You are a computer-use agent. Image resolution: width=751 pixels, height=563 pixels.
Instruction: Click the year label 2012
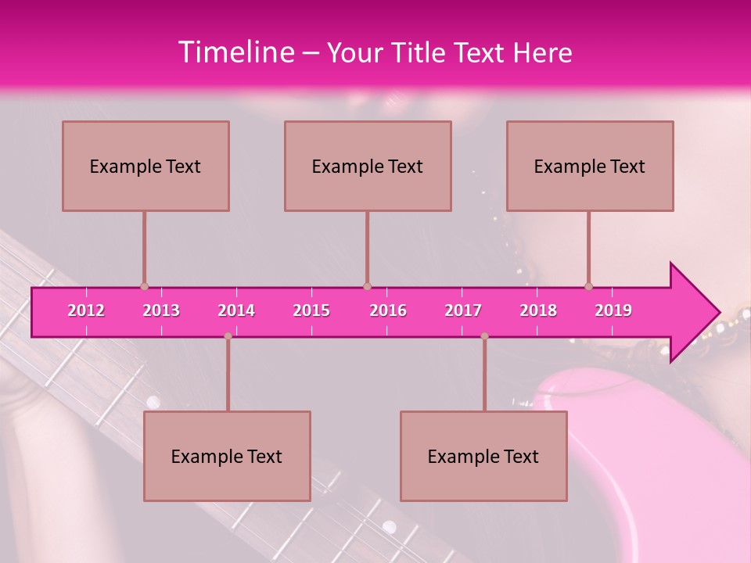(86, 310)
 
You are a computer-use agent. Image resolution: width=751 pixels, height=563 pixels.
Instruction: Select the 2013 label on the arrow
(161, 310)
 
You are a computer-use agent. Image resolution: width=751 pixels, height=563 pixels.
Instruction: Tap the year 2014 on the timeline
(236, 310)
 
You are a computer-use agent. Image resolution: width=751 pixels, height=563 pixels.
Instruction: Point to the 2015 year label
(311, 310)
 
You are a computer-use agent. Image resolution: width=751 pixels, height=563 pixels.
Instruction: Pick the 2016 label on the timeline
(388, 310)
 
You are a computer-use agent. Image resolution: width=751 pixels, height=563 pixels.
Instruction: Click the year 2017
(463, 310)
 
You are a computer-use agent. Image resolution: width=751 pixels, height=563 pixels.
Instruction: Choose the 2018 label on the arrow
(538, 310)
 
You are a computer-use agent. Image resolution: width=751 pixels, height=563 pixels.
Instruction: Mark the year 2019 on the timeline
(613, 310)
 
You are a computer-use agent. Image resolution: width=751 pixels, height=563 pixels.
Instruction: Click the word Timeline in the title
(235, 52)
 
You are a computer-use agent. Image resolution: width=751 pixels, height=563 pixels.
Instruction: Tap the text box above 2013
(146, 166)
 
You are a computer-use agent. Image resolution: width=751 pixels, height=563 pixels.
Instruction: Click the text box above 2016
(368, 166)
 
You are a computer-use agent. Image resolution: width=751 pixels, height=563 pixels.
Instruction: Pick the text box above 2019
(590, 166)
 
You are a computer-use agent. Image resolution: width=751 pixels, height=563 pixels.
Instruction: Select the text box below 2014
(227, 456)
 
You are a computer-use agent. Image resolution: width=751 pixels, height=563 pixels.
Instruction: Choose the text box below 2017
(483, 456)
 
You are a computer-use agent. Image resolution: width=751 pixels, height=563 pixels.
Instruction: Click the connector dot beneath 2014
(228, 336)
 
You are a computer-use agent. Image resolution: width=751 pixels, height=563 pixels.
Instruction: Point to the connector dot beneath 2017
(484, 336)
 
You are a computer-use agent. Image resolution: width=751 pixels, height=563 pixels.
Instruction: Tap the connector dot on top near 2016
(367, 286)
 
